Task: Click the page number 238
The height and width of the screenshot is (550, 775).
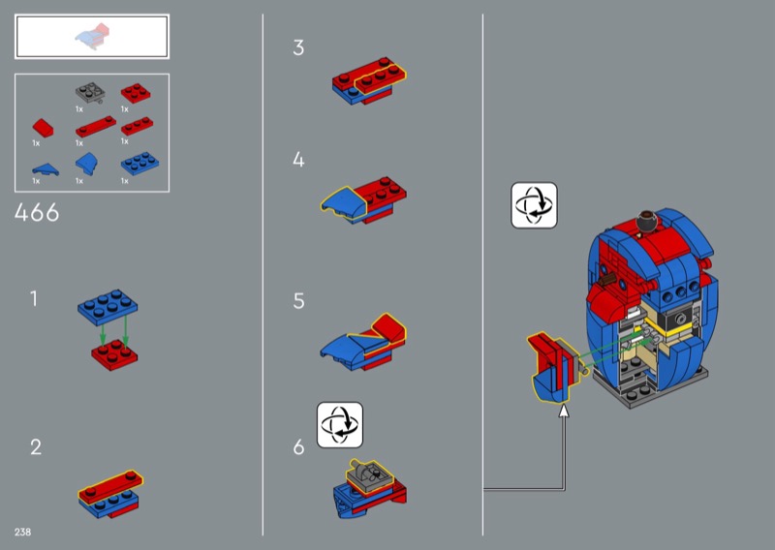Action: pyautogui.click(x=22, y=532)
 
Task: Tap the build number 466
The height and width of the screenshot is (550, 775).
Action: pyautogui.click(x=37, y=213)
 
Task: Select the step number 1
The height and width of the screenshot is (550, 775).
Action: pyautogui.click(x=34, y=298)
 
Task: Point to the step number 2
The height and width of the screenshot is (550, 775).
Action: pyautogui.click(x=36, y=447)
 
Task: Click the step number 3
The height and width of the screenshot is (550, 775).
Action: pyautogui.click(x=298, y=47)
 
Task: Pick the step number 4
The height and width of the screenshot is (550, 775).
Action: pyautogui.click(x=298, y=159)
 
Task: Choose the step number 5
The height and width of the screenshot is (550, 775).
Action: pyautogui.click(x=298, y=300)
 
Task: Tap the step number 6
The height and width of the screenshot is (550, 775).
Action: pyautogui.click(x=298, y=446)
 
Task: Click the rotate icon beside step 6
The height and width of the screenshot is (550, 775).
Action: pyautogui.click(x=340, y=424)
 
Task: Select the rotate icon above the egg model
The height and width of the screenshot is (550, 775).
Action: pyautogui.click(x=534, y=205)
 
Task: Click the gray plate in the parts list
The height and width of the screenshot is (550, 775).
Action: pyautogui.click(x=90, y=92)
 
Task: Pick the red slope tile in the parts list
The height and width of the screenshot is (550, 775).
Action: pyautogui.click(x=43, y=128)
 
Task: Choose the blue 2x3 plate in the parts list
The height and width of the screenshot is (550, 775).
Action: pyautogui.click(x=139, y=163)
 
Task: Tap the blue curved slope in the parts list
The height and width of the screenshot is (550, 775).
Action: pyautogui.click(x=86, y=164)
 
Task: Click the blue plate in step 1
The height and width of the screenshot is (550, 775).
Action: pyautogui.click(x=108, y=307)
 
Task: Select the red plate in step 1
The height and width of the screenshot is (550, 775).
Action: pyautogui.click(x=114, y=354)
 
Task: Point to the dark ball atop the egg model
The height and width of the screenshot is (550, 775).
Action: pyautogui.click(x=645, y=221)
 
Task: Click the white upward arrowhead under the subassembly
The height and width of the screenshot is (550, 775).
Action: pyautogui.click(x=564, y=411)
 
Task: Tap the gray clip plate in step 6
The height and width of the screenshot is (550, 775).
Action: pyautogui.click(x=369, y=475)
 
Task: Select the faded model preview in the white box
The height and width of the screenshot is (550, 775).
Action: pyautogui.click(x=93, y=37)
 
